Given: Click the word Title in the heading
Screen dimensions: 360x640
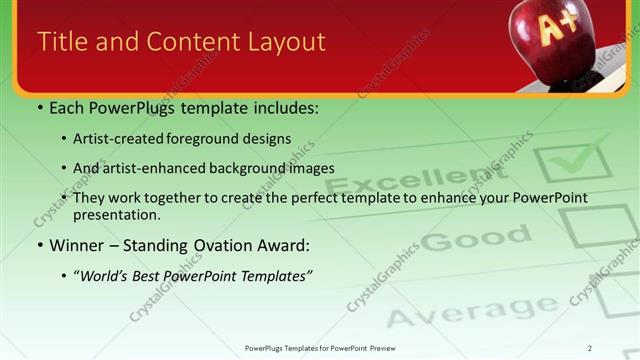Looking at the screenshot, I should pos(60,41).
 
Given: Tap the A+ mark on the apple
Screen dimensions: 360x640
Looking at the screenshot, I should pos(554,29).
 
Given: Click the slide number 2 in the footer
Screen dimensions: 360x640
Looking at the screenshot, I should pos(589,347).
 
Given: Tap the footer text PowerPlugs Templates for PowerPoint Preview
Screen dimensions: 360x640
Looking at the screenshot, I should pos(319,347).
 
